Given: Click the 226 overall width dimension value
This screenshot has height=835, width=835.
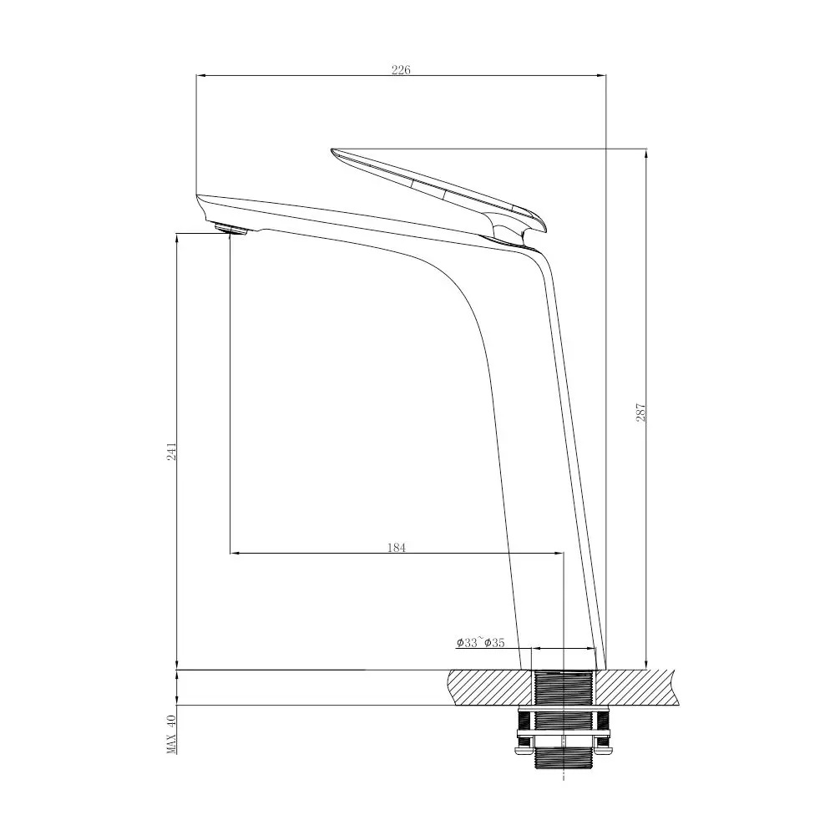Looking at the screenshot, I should (x=401, y=70).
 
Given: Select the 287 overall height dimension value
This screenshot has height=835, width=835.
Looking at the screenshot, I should (x=640, y=412).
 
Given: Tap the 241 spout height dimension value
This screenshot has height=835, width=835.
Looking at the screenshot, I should (x=172, y=452).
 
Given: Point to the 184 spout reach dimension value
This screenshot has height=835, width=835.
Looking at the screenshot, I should (x=397, y=548).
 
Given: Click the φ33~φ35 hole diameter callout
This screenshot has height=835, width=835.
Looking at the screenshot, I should (x=480, y=643).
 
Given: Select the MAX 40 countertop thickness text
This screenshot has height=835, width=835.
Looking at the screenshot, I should (x=172, y=735).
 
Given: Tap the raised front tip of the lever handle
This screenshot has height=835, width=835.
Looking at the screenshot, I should (x=335, y=152).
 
